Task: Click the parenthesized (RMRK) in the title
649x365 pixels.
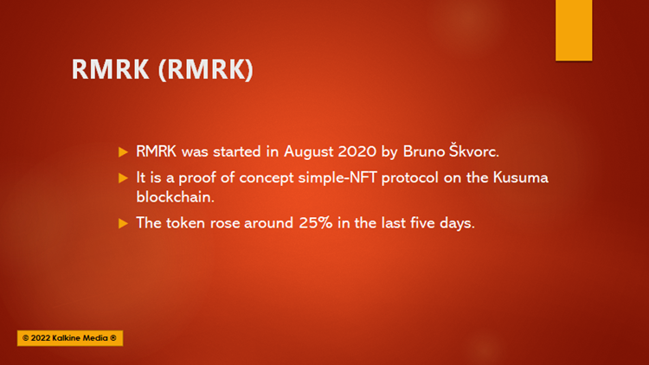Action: [x=206, y=69]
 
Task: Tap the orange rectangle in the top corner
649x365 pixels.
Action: [x=574, y=30]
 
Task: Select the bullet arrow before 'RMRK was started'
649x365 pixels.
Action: [x=124, y=152]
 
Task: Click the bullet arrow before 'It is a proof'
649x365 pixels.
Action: [x=124, y=178]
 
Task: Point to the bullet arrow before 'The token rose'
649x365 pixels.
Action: [x=124, y=223]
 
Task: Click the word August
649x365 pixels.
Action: [x=308, y=152]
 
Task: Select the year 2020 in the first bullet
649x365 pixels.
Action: [x=357, y=151]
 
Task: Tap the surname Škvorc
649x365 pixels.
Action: [x=474, y=150]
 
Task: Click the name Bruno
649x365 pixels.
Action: [x=424, y=151]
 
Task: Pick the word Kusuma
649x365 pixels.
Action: [x=521, y=177]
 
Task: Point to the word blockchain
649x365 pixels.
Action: [x=175, y=197]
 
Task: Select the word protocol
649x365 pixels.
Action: [x=410, y=178]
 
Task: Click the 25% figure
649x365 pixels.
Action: [x=315, y=223]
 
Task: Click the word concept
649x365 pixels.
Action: [x=267, y=178]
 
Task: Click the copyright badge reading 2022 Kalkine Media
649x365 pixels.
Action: [x=70, y=338]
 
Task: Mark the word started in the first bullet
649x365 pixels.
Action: [x=237, y=151]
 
